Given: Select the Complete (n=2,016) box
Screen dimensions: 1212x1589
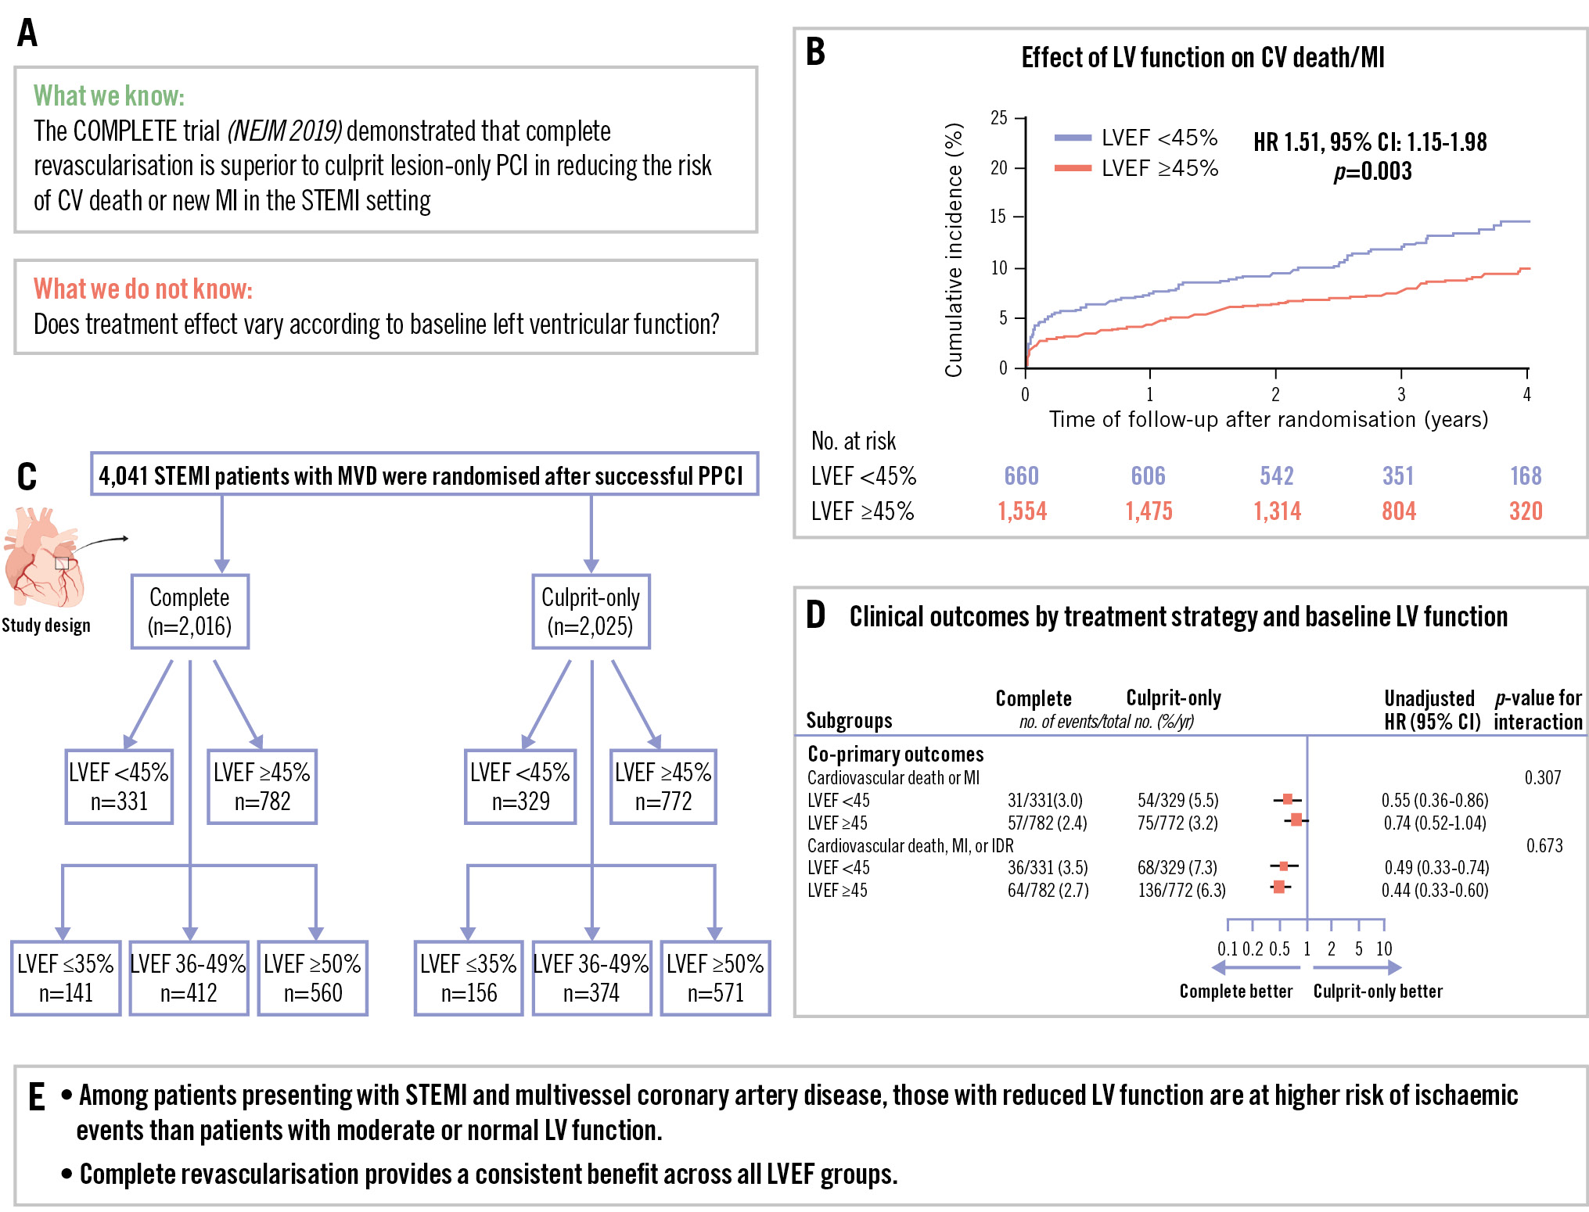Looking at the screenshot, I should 189,611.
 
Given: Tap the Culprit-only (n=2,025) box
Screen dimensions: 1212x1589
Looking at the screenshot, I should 591,611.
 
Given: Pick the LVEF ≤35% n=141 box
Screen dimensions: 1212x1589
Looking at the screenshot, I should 66,977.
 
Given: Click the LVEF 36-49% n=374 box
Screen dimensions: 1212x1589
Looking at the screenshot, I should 591,977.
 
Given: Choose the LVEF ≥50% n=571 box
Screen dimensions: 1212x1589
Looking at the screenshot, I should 715,977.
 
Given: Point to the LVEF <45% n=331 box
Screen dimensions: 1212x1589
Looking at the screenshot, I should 119,787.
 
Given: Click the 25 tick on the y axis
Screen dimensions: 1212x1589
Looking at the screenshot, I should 999,118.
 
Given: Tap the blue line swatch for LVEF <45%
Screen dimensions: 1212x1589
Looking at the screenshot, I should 1073,138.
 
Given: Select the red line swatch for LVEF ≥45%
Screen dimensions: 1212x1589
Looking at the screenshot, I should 1073,168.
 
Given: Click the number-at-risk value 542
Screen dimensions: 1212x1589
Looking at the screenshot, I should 1277,475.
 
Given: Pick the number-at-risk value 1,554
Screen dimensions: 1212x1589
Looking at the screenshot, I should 1023,511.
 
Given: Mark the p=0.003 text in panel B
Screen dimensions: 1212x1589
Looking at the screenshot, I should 1372,171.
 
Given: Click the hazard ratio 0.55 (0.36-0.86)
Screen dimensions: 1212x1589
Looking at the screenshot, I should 1434,800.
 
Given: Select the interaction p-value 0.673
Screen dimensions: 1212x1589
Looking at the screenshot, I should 1544,845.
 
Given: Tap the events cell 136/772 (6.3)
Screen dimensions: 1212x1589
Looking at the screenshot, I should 1181,890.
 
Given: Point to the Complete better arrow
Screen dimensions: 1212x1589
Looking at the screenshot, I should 1255,968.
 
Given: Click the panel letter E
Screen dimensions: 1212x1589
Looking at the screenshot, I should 37,1097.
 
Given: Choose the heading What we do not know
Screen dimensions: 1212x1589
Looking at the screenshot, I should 143,289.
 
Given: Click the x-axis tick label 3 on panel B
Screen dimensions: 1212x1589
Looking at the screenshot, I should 1401,394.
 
